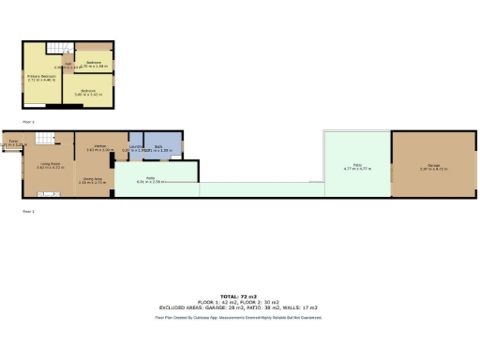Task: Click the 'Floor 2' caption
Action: tap(28, 123)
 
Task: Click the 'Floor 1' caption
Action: tap(28, 211)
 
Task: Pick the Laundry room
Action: tap(135, 147)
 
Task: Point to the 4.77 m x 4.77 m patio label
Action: tap(358, 169)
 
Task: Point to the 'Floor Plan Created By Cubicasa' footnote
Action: tap(239, 318)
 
